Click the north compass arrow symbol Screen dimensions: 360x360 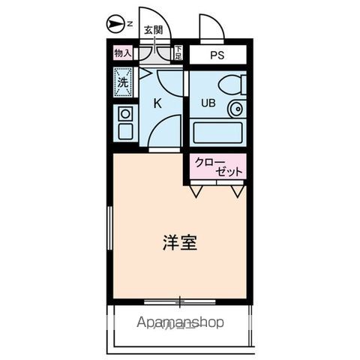(x=115, y=25)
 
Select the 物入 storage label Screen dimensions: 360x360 (x=122, y=53)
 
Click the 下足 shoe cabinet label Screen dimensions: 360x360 (x=178, y=53)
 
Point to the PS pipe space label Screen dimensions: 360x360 (x=217, y=55)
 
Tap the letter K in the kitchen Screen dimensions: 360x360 (x=158, y=104)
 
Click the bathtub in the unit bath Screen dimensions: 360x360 (x=218, y=132)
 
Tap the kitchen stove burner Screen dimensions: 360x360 (x=124, y=114)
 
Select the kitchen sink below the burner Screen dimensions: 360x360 (x=124, y=131)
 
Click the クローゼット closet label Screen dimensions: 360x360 (x=218, y=166)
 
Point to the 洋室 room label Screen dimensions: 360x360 (x=180, y=243)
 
